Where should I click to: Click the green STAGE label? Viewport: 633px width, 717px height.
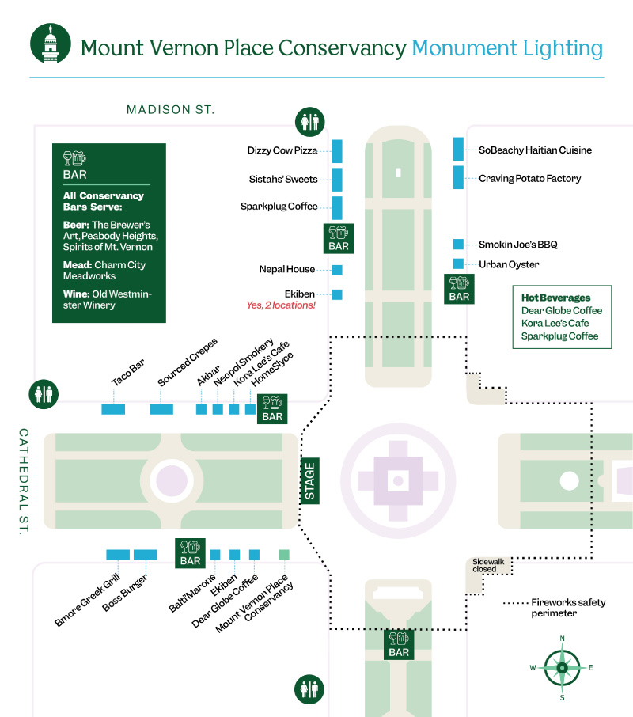[309, 481]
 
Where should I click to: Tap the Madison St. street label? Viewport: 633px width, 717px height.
[170, 110]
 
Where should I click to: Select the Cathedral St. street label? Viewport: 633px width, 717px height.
[24, 481]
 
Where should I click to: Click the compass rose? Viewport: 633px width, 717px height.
[562, 668]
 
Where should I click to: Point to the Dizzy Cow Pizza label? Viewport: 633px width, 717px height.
[282, 150]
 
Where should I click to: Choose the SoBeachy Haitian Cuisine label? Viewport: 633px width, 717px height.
[535, 150]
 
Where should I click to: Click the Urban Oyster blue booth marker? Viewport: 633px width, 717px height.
[458, 264]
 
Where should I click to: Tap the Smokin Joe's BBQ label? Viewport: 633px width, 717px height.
[518, 245]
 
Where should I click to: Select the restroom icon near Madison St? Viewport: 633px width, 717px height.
[310, 122]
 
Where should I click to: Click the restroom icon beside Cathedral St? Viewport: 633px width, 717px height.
[44, 394]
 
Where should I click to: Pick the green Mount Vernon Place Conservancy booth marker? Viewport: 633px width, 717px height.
[284, 555]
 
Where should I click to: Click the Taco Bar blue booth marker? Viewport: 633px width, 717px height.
[113, 409]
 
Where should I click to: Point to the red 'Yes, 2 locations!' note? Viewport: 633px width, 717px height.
[281, 305]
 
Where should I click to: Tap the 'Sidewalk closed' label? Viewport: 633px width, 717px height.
[488, 565]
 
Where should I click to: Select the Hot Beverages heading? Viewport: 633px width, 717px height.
[555, 298]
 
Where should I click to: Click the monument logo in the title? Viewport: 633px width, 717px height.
[51, 44]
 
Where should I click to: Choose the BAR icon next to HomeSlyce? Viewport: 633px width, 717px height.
[272, 409]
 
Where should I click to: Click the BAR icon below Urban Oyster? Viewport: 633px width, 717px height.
[460, 289]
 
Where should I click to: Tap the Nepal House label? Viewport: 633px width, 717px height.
[287, 269]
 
